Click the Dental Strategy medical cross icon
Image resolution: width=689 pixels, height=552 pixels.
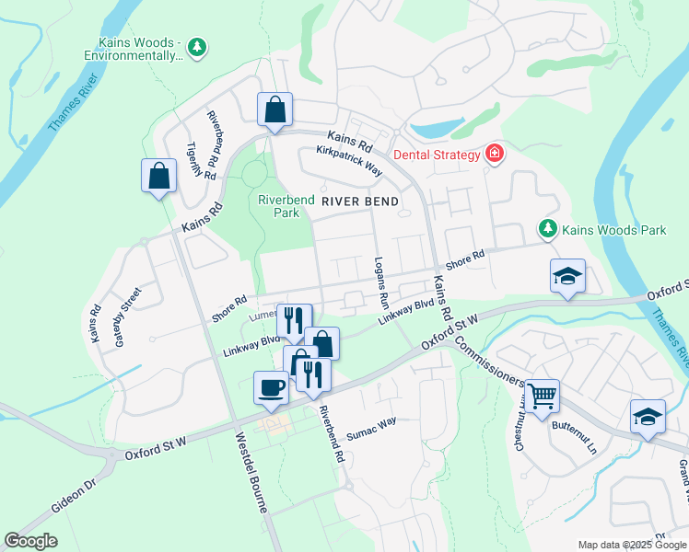point(496,154)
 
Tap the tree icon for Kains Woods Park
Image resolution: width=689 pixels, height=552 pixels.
point(548,227)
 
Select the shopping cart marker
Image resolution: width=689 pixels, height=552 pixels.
point(543,395)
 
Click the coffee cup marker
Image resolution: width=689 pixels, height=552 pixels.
point(270,386)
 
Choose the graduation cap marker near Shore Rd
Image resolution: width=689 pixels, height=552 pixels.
point(567,275)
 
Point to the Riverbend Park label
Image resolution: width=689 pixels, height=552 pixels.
point(279,205)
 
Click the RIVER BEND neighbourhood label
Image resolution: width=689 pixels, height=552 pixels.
point(359,201)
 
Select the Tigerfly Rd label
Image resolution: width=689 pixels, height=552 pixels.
point(201,160)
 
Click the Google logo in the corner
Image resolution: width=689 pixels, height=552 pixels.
point(30,541)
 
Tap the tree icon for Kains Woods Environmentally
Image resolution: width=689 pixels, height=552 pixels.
point(195,45)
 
